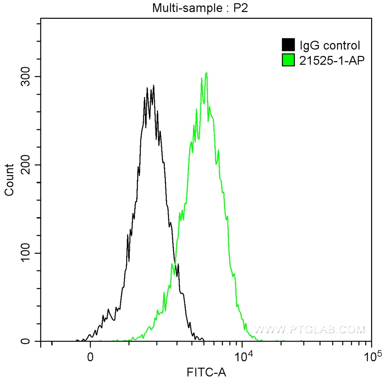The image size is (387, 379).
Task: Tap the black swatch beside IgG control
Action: click(288, 45)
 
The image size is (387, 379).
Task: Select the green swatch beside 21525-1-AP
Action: click(288, 60)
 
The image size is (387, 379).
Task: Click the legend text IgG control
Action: click(330, 46)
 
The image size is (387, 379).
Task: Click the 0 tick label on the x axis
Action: click(90, 357)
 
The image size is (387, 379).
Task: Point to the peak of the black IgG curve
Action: click(153, 86)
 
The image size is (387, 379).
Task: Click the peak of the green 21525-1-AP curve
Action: click(206, 73)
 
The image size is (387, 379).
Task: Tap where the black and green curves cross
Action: click(175, 263)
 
